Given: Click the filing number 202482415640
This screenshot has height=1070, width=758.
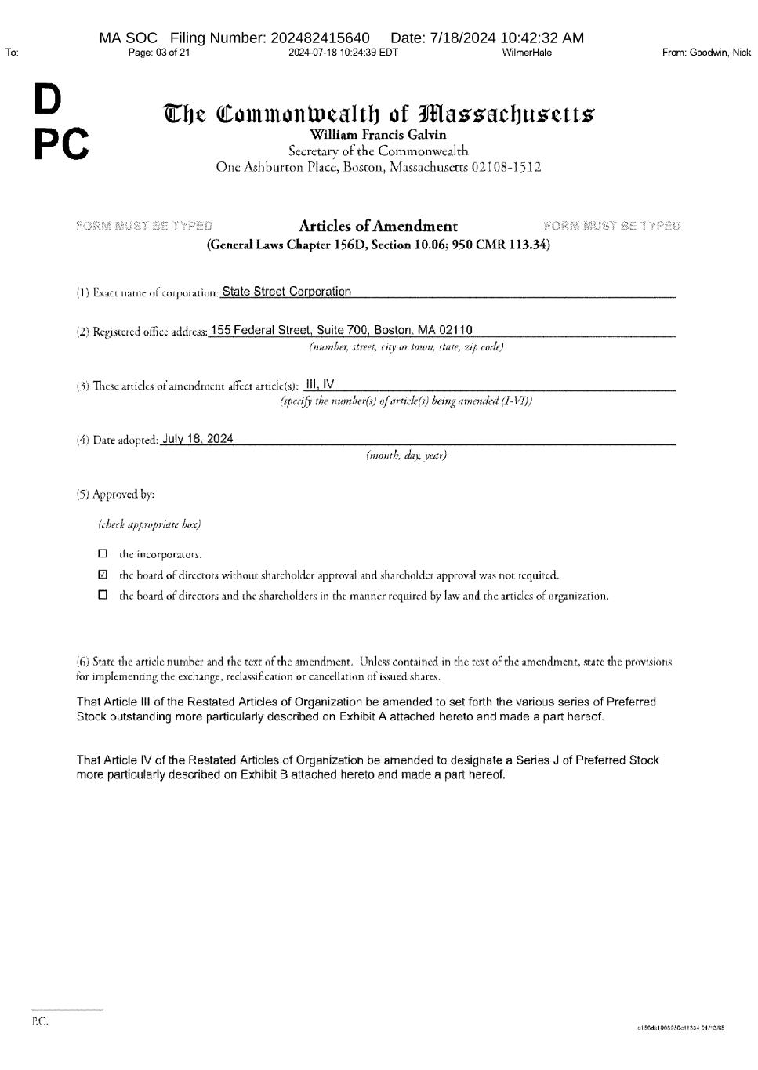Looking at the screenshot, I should coord(320,38).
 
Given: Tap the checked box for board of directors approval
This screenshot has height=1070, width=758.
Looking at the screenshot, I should coord(103,575).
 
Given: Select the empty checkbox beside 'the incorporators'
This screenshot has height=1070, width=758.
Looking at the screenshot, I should coord(103,554).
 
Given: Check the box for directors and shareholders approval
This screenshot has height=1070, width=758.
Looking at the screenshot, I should coord(103,595).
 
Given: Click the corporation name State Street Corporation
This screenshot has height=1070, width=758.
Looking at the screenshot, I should coord(286,292).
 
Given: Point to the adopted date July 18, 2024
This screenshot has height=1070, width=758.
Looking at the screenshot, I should coord(197,439).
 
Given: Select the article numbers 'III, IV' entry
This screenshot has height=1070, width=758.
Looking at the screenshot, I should coord(320,384).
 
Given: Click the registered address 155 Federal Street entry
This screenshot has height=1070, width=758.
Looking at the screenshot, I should coord(341,330).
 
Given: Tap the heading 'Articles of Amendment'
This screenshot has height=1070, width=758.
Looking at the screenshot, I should coord(378,227).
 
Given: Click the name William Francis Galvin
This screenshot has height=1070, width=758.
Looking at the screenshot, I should coord(378,135).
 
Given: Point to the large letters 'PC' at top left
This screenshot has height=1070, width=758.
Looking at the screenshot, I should coord(60,143).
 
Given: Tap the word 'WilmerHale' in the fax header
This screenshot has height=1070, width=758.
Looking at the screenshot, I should coord(527,53).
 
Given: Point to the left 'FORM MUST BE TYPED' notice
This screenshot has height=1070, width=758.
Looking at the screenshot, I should coord(144,227).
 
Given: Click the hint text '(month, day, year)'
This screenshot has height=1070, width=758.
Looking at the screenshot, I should coord(406,455).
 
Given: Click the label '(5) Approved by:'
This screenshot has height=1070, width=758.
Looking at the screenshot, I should coord(115,495).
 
